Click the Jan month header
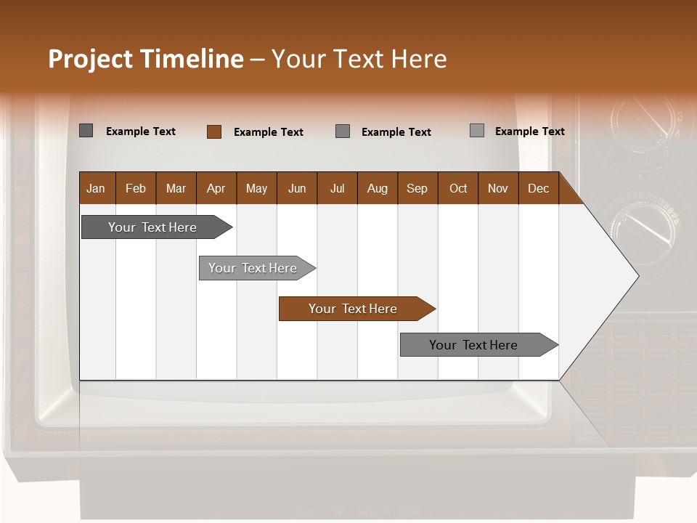pyautogui.click(x=96, y=188)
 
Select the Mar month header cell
pyautogui.click(x=176, y=188)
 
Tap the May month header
pyautogui.click(x=256, y=188)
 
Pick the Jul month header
pyautogui.click(x=337, y=188)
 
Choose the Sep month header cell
pyautogui.click(x=417, y=188)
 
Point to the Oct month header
pyautogui.click(x=458, y=188)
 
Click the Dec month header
pyautogui.click(x=538, y=188)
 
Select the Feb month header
pyautogui.click(x=136, y=188)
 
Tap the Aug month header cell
pyautogui.click(x=377, y=188)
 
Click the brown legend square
pyautogui.click(x=214, y=131)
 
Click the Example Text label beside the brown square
pyautogui.click(x=269, y=132)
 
